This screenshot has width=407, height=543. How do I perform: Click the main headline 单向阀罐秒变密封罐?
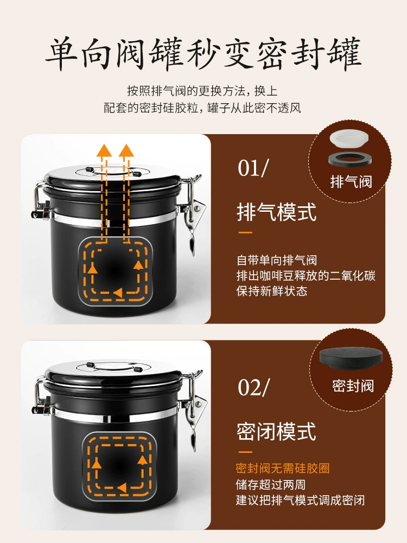(x=203, y=54)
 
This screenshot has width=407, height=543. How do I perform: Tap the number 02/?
(x=253, y=387)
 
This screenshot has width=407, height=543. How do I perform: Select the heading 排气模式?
(x=277, y=212)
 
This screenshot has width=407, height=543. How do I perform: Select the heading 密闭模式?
(x=277, y=432)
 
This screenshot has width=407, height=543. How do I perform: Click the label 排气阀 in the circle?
(x=351, y=182)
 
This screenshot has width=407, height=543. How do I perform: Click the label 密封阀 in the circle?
(x=353, y=386)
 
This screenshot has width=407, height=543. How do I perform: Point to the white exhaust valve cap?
(x=349, y=138)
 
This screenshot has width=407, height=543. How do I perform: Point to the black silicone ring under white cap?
(x=350, y=159)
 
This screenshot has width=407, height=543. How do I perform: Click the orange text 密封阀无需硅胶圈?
(x=282, y=468)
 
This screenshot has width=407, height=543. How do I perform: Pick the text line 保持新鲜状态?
(x=272, y=291)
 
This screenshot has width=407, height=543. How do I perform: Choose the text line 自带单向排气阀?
(x=277, y=260)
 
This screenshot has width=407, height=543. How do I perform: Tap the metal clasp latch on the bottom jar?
(x=192, y=409)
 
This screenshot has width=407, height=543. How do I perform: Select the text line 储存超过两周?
(x=270, y=484)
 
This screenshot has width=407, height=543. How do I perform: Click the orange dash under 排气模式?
(x=245, y=232)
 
